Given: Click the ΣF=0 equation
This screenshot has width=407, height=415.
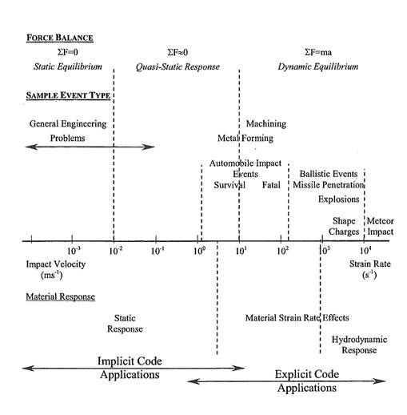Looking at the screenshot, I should click(56, 52).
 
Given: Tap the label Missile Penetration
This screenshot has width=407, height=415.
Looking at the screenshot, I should click(328, 185).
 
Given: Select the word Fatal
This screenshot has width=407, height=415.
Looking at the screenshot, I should click(271, 185).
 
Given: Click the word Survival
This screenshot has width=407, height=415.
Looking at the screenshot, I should click(229, 185).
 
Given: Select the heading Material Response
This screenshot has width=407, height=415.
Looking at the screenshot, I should click(60, 296).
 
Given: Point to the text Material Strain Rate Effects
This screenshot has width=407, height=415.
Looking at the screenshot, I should click(297, 318).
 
